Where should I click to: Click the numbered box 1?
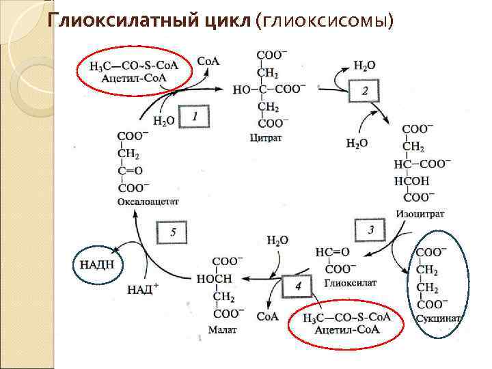tap(194, 118)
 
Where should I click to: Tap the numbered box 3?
tap(370, 229)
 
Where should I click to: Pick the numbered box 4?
tap(298, 286)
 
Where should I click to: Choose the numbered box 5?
tap(174, 232)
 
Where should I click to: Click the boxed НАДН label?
tap(96, 262)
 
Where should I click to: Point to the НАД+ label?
tap(143, 289)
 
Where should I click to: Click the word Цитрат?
tap(266, 138)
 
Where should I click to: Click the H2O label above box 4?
tap(277, 240)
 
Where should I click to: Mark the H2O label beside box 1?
tap(163, 121)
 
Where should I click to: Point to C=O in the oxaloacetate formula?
tap(130, 171)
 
